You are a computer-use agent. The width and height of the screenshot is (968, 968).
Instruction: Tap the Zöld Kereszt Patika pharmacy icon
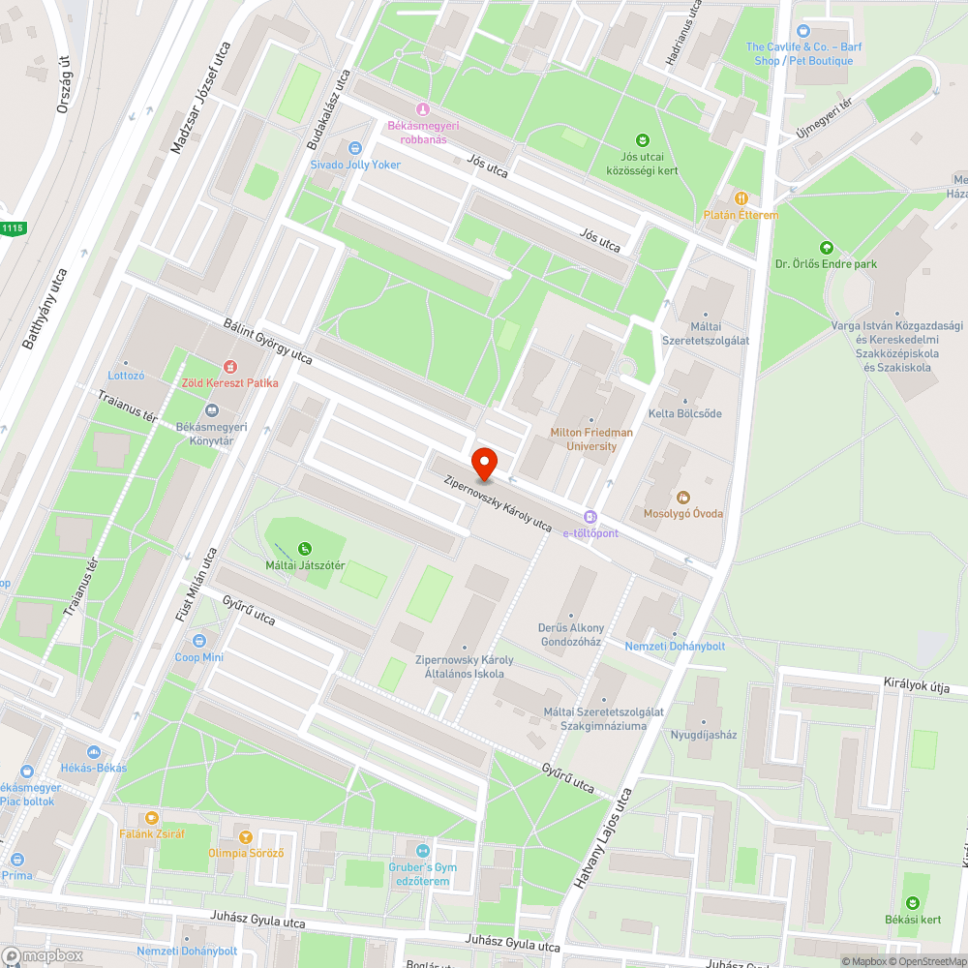(x=230, y=367)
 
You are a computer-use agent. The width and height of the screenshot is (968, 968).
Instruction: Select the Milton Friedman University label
(x=590, y=439)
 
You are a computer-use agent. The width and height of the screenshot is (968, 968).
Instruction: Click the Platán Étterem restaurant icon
(x=741, y=198)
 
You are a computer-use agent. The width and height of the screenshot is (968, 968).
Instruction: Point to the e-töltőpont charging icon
(x=590, y=517)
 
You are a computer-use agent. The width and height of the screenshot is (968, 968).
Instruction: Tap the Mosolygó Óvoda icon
(x=683, y=497)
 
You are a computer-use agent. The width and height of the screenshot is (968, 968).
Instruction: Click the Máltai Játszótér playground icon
(x=306, y=549)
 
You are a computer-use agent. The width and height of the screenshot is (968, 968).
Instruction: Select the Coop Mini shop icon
(x=199, y=641)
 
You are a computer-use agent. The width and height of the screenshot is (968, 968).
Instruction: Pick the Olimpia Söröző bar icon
(x=245, y=836)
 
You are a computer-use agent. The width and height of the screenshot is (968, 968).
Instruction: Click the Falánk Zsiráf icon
(x=152, y=817)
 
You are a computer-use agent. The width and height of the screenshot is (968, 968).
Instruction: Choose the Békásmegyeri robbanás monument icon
(x=422, y=108)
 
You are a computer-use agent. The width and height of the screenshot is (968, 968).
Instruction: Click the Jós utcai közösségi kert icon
(x=642, y=139)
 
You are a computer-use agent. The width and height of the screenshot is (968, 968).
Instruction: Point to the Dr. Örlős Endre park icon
(x=825, y=247)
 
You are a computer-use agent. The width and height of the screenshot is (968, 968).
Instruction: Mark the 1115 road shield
(x=12, y=227)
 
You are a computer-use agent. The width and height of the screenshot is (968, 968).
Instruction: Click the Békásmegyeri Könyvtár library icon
(x=212, y=410)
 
